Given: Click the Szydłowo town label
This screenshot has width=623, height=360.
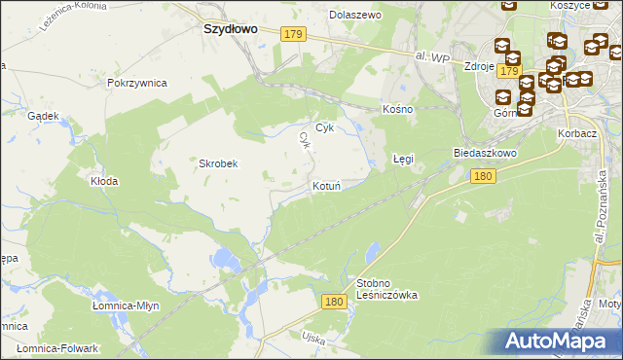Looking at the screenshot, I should pyautogui.click(x=230, y=29).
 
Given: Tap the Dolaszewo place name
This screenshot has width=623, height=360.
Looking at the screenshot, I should pyautogui.click(x=355, y=16).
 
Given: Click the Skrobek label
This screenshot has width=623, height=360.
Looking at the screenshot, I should pyautogui.click(x=219, y=163).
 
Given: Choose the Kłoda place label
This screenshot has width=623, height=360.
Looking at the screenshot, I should pyautogui.click(x=104, y=181).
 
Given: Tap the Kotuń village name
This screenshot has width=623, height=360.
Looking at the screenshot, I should pyautogui.click(x=325, y=185).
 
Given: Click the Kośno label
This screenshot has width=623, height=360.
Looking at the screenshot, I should pyautogui.click(x=398, y=109).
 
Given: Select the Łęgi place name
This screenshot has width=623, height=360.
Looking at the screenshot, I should pyautogui.click(x=403, y=158).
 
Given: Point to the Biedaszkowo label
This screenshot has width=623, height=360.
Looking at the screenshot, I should pyautogui.click(x=483, y=154).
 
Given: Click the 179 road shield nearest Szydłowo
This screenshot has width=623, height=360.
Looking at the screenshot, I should pyautogui.click(x=294, y=34).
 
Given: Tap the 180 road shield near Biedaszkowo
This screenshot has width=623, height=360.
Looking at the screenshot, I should pyautogui.click(x=482, y=176).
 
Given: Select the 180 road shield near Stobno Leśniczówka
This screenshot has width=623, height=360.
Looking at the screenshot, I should pyautogui.click(x=334, y=303).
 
